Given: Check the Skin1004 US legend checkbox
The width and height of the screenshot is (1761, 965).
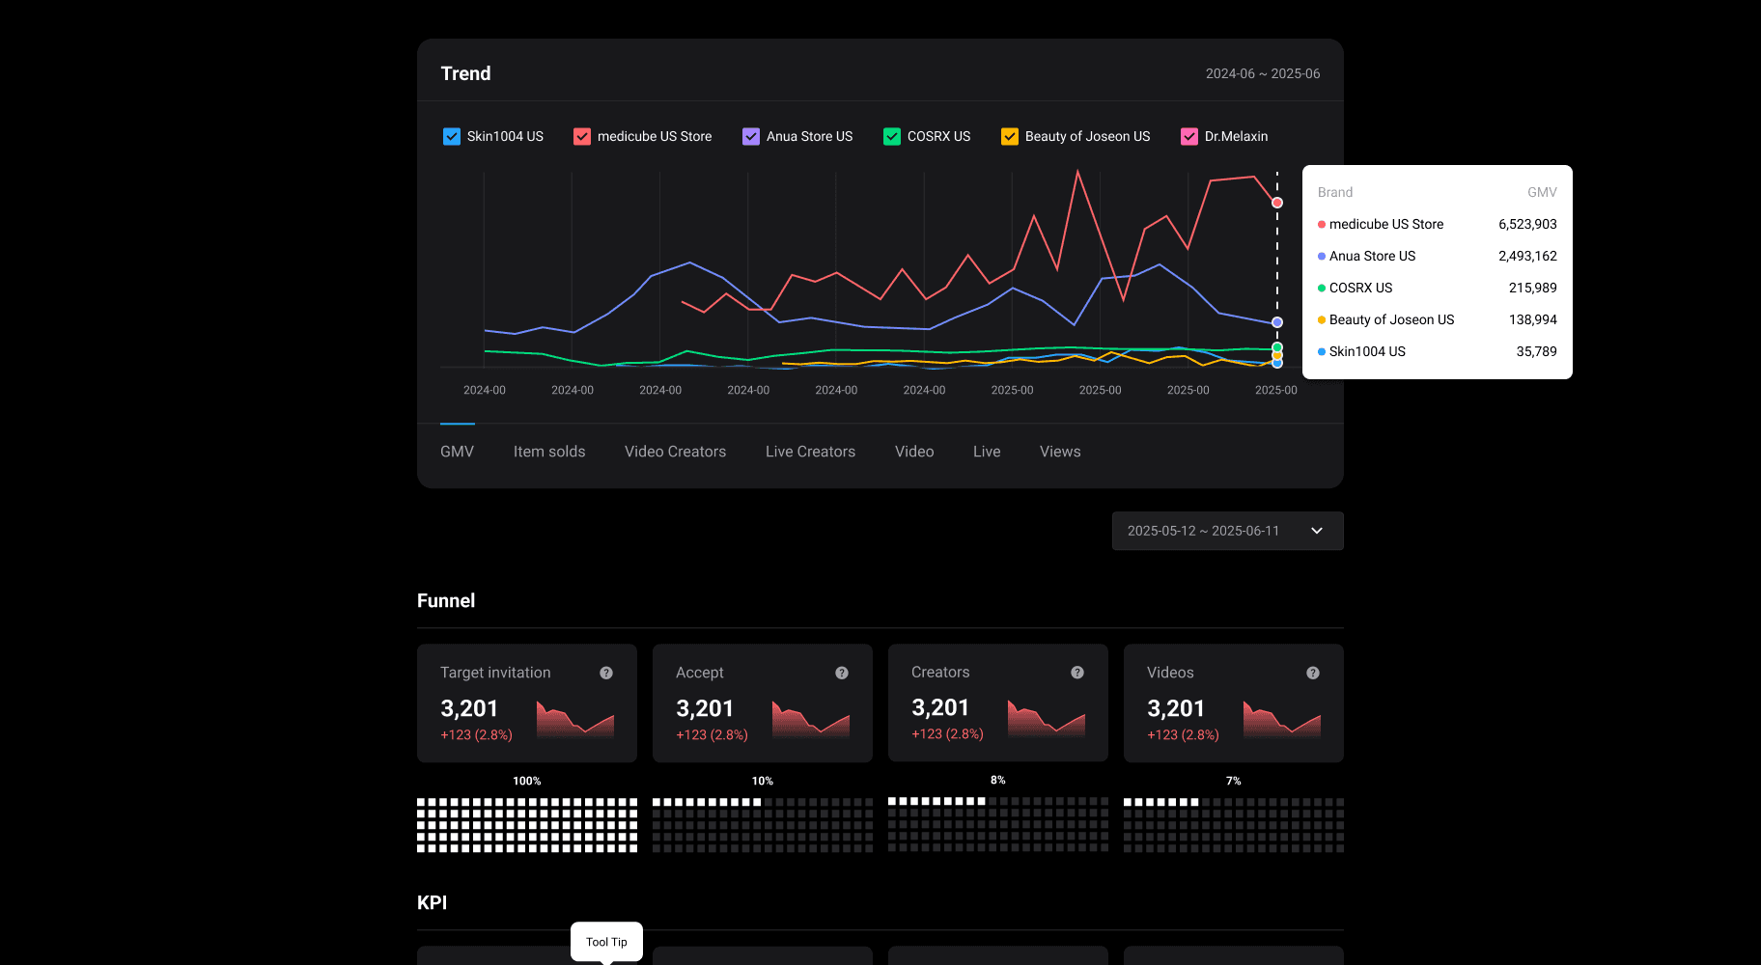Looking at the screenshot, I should (452, 136).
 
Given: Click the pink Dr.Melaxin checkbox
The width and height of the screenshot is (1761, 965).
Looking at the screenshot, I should (1189, 136).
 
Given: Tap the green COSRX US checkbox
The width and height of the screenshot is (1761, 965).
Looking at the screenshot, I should (892, 136).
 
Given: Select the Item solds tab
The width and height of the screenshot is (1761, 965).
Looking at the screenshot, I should (548, 452).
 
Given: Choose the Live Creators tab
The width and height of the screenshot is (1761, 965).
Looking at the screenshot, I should (810, 452).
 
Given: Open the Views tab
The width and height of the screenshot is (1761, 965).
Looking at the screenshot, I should (1059, 452).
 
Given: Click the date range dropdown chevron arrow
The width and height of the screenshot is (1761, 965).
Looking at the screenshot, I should (1317, 531).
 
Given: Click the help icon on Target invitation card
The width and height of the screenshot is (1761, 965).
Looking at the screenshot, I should (606, 673).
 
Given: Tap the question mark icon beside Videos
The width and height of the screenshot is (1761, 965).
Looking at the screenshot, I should (1313, 673).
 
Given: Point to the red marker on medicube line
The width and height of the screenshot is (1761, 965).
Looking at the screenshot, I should (1277, 203).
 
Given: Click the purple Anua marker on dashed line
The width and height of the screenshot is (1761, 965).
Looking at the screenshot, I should (1277, 322).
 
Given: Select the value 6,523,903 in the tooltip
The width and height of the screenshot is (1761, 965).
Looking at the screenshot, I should (1527, 224).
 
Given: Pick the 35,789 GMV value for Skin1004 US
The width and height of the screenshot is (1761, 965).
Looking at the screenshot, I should (1536, 351).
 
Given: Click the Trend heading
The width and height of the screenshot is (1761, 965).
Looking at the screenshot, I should (465, 73).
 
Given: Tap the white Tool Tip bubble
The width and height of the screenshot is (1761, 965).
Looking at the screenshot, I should (606, 941).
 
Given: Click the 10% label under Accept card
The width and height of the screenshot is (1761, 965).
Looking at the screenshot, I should (763, 781).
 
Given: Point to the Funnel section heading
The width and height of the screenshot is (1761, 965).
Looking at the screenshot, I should (446, 600).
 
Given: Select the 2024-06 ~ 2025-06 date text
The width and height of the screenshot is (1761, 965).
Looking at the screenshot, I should (1262, 73).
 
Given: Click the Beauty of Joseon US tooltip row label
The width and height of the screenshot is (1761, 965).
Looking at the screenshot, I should (1391, 319).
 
